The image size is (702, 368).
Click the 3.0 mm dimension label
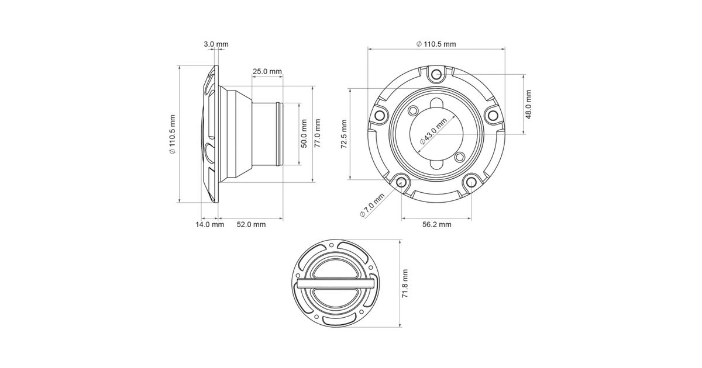(216, 44)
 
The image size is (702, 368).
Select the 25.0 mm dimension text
(267, 71)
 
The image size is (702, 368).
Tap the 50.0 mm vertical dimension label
(304, 134)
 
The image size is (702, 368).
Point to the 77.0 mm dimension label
(318, 134)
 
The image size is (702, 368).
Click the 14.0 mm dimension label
(210, 224)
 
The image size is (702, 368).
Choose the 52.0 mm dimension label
(251, 224)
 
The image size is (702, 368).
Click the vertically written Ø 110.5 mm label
(173, 134)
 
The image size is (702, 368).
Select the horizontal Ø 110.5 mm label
(436, 44)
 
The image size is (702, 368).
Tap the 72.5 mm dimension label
(344, 134)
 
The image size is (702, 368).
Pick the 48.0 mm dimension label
(528, 105)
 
